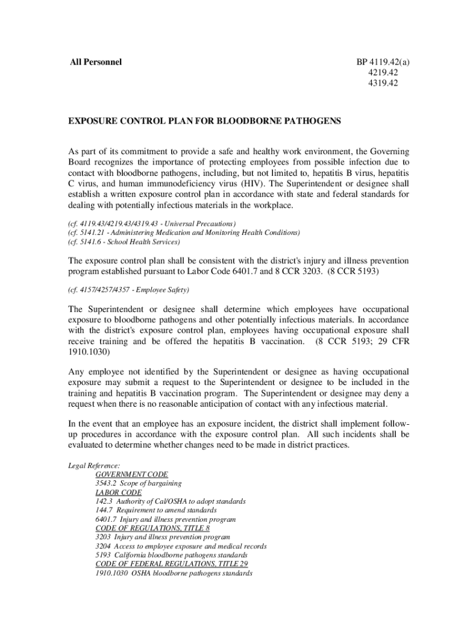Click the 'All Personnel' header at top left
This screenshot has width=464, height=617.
(x=95, y=61)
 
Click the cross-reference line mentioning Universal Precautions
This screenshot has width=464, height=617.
(x=151, y=223)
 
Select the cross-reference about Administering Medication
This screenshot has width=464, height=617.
(x=183, y=233)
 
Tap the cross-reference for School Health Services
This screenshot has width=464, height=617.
(x=124, y=242)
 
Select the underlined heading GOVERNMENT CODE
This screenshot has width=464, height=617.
(x=132, y=475)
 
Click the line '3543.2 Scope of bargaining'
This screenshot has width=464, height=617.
(x=139, y=483)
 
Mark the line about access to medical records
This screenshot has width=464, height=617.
(x=181, y=546)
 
